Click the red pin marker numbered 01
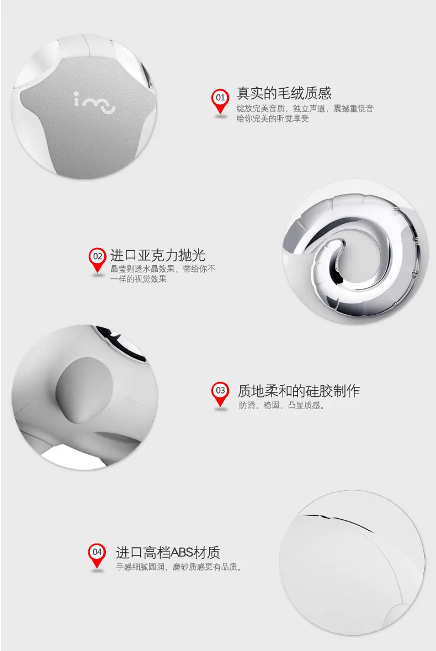(220, 101)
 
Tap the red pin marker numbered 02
(97, 260)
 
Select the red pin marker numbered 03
(220, 394)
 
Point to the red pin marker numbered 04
(97, 556)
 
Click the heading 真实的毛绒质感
(284, 93)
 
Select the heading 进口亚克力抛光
(157, 255)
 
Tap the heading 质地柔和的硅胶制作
(299, 391)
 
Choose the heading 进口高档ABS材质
(168, 552)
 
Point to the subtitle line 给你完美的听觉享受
(273, 119)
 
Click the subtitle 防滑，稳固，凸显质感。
(281, 405)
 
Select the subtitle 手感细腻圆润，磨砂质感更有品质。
(179, 567)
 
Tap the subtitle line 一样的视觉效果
(139, 279)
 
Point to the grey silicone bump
(85, 390)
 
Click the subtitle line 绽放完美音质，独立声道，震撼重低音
(305, 109)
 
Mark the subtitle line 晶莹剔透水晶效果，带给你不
(163, 269)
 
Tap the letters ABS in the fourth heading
(182, 553)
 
